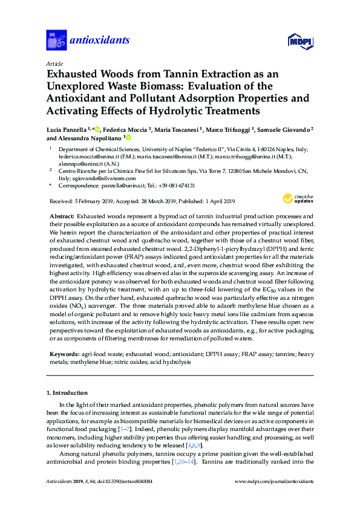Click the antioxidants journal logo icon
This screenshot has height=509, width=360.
(56, 41)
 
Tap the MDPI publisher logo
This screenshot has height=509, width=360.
(300, 41)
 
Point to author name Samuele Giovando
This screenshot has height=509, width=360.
(284, 129)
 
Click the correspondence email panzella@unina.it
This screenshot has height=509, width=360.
(119, 186)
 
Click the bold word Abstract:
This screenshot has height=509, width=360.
(62, 216)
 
